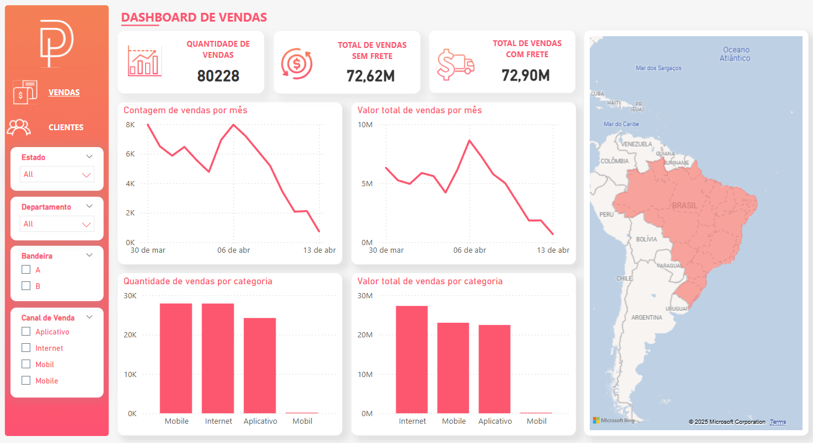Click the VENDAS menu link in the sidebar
point(64,92)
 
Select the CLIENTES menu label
point(66,127)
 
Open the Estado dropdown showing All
point(57,175)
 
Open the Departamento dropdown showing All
point(57,224)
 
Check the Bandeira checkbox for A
point(26,270)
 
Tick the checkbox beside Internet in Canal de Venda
point(26,348)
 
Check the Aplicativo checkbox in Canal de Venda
point(26,332)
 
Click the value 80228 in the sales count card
point(218,76)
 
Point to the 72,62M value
point(371,76)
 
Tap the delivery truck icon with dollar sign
point(455,64)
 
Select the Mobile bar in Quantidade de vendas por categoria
point(176,358)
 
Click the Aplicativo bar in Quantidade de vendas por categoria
point(260,365)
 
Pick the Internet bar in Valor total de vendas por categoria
point(411,360)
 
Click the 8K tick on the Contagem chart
point(130,125)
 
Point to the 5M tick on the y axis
point(365,184)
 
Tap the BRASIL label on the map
point(684,206)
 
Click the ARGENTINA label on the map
point(646,318)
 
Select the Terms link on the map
point(777,422)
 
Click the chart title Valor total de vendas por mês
point(419,110)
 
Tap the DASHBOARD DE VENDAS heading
point(194,18)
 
